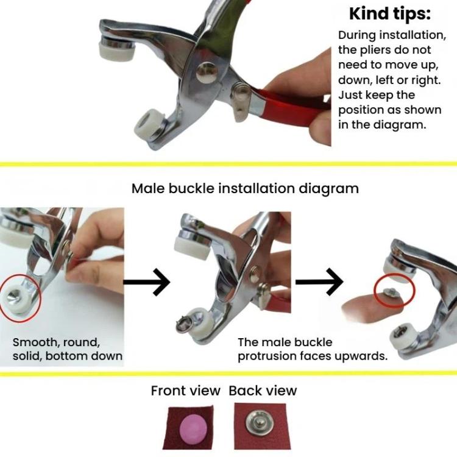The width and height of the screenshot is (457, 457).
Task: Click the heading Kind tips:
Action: pos(390,13)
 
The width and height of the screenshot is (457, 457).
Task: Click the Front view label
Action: pos(185,391)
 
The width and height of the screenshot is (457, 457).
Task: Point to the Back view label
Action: pos(263,391)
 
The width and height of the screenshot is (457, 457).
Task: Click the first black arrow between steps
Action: pos(147,282)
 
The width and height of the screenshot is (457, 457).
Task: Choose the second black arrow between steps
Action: pos(319,282)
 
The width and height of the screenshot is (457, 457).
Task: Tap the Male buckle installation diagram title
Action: pos(245,188)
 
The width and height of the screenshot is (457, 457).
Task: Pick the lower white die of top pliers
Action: pos(149,124)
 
